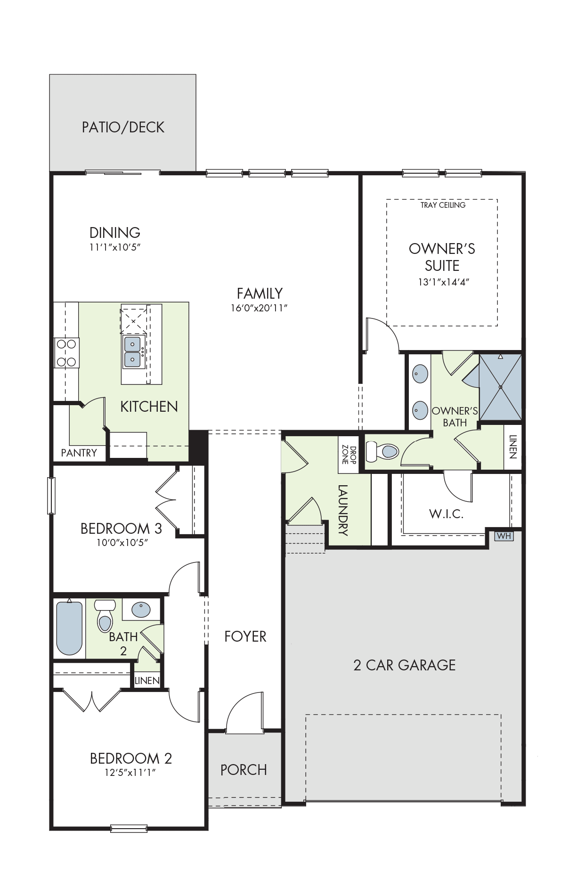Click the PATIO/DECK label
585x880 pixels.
point(123,127)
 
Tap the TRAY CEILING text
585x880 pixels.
point(443,205)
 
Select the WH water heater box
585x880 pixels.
point(504,536)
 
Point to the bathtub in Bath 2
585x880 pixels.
point(69,628)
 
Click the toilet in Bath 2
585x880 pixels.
point(105,616)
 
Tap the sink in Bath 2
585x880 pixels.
point(141,610)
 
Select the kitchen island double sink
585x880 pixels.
point(132,352)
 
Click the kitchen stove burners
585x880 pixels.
point(66,353)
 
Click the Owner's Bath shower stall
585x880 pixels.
point(500,387)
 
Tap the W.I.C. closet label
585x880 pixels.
point(446,514)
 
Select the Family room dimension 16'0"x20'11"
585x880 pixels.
point(259,308)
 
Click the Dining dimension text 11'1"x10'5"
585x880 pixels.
point(115,247)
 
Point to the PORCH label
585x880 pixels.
point(244,770)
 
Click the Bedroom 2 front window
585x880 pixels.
point(129,841)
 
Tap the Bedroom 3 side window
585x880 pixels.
point(51,496)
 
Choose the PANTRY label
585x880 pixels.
point(79,453)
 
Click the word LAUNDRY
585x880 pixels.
point(343,510)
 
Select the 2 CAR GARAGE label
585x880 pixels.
point(405,665)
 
